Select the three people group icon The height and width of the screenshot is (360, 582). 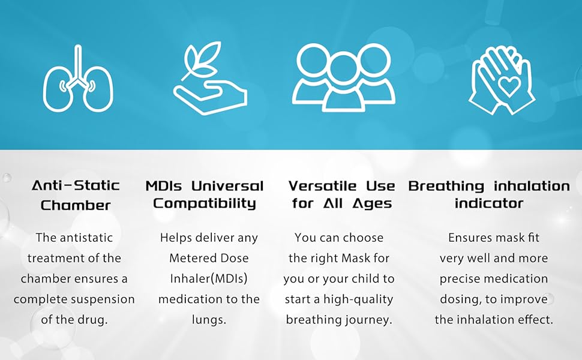coord(343,77)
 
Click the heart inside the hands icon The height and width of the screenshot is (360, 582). coord(509,86)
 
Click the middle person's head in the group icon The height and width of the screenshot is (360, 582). coord(343,69)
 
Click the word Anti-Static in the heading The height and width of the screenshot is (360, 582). coord(76,185)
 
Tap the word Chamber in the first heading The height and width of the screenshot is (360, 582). coord(76,205)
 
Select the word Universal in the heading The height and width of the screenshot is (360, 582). coord(227,185)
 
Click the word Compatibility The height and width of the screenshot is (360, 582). coord(205,204)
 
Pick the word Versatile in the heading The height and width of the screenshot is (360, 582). coord(323,185)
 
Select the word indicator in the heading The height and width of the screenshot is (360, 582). coord(489,203)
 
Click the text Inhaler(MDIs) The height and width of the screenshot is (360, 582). coord(209,279)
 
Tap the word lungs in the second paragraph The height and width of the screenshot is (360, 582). coord(209,320)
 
